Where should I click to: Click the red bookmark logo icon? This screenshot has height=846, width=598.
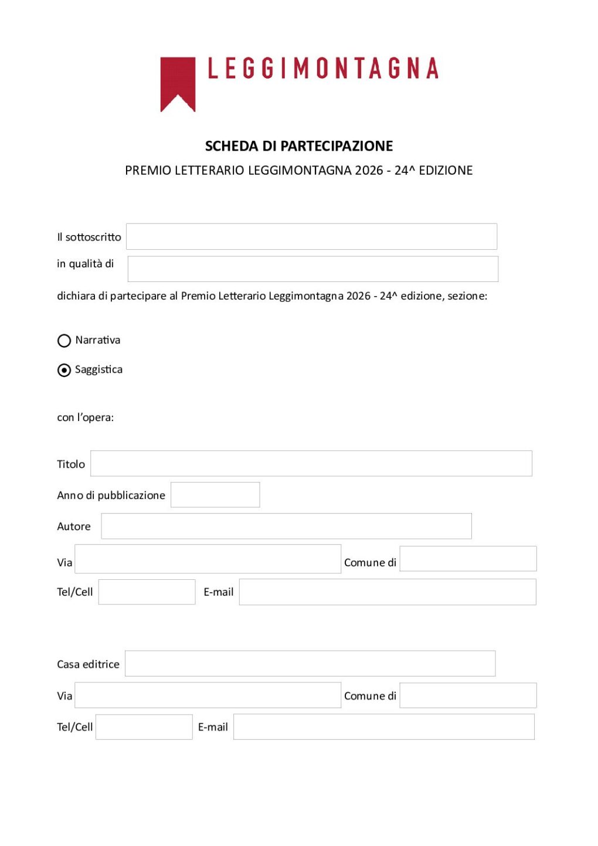(x=178, y=82)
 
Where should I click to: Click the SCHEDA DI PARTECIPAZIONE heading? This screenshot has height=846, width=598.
(x=299, y=146)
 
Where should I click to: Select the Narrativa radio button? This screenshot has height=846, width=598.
(x=64, y=341)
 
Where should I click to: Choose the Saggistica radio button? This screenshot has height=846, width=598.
(x=64, y=371)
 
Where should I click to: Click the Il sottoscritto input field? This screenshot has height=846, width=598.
(x=311, y=236)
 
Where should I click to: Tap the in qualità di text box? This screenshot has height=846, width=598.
(x=312, y=269)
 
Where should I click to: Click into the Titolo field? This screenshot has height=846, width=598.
(x=311, y=463)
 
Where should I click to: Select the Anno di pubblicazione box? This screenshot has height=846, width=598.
(x=215, y=495)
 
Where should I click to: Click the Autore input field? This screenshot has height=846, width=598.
(x=286, y=526)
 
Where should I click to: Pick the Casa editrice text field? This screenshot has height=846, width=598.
(x=310, y=663)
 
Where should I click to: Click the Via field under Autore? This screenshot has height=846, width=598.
(x=208, y=559)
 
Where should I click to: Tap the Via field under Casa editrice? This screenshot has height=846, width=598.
(x=208, y=695)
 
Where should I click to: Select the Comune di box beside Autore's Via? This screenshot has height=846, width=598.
(x=468, y=559)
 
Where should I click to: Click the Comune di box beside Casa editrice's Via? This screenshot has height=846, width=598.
(x=468, y=695)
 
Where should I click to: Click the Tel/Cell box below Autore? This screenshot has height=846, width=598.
(x=147, y=592)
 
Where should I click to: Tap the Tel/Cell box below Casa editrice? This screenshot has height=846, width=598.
(x=144, y=726)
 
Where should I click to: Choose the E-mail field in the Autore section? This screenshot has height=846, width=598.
(x=388, y=592)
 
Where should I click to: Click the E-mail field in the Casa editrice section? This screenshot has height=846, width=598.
(x=383, y=726)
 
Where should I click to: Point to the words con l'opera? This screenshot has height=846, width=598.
(x=86, y=417)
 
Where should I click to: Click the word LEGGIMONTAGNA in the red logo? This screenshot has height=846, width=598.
(x=323, y=69)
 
